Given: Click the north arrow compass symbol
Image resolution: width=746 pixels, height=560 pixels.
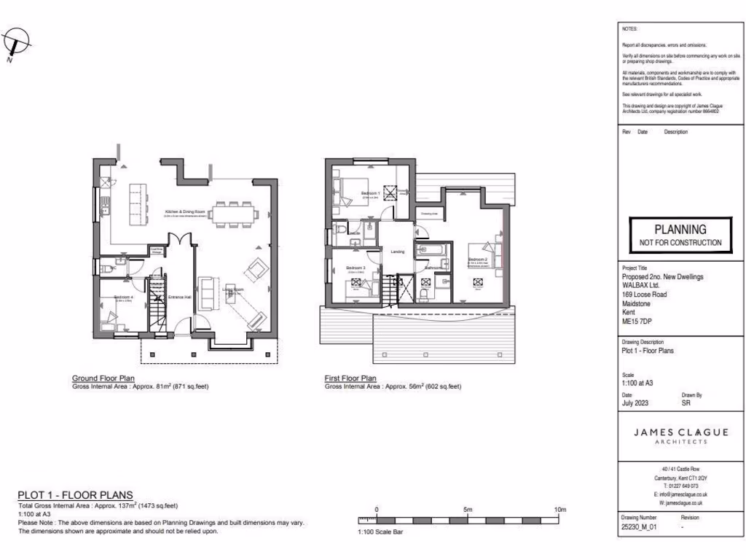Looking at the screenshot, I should point(16,44).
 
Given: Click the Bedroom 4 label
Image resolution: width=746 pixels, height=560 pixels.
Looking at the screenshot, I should point(122,297).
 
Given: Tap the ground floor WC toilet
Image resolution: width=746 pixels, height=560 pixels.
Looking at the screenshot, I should point(104,267).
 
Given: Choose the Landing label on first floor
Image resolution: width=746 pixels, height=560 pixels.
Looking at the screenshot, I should point(398,252).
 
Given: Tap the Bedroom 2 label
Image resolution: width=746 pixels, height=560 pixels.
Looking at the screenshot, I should point(478,260).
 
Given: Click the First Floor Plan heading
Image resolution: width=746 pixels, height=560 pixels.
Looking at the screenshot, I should point(350,378).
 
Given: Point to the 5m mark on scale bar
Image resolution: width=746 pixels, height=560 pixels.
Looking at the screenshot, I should point(468,510).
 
